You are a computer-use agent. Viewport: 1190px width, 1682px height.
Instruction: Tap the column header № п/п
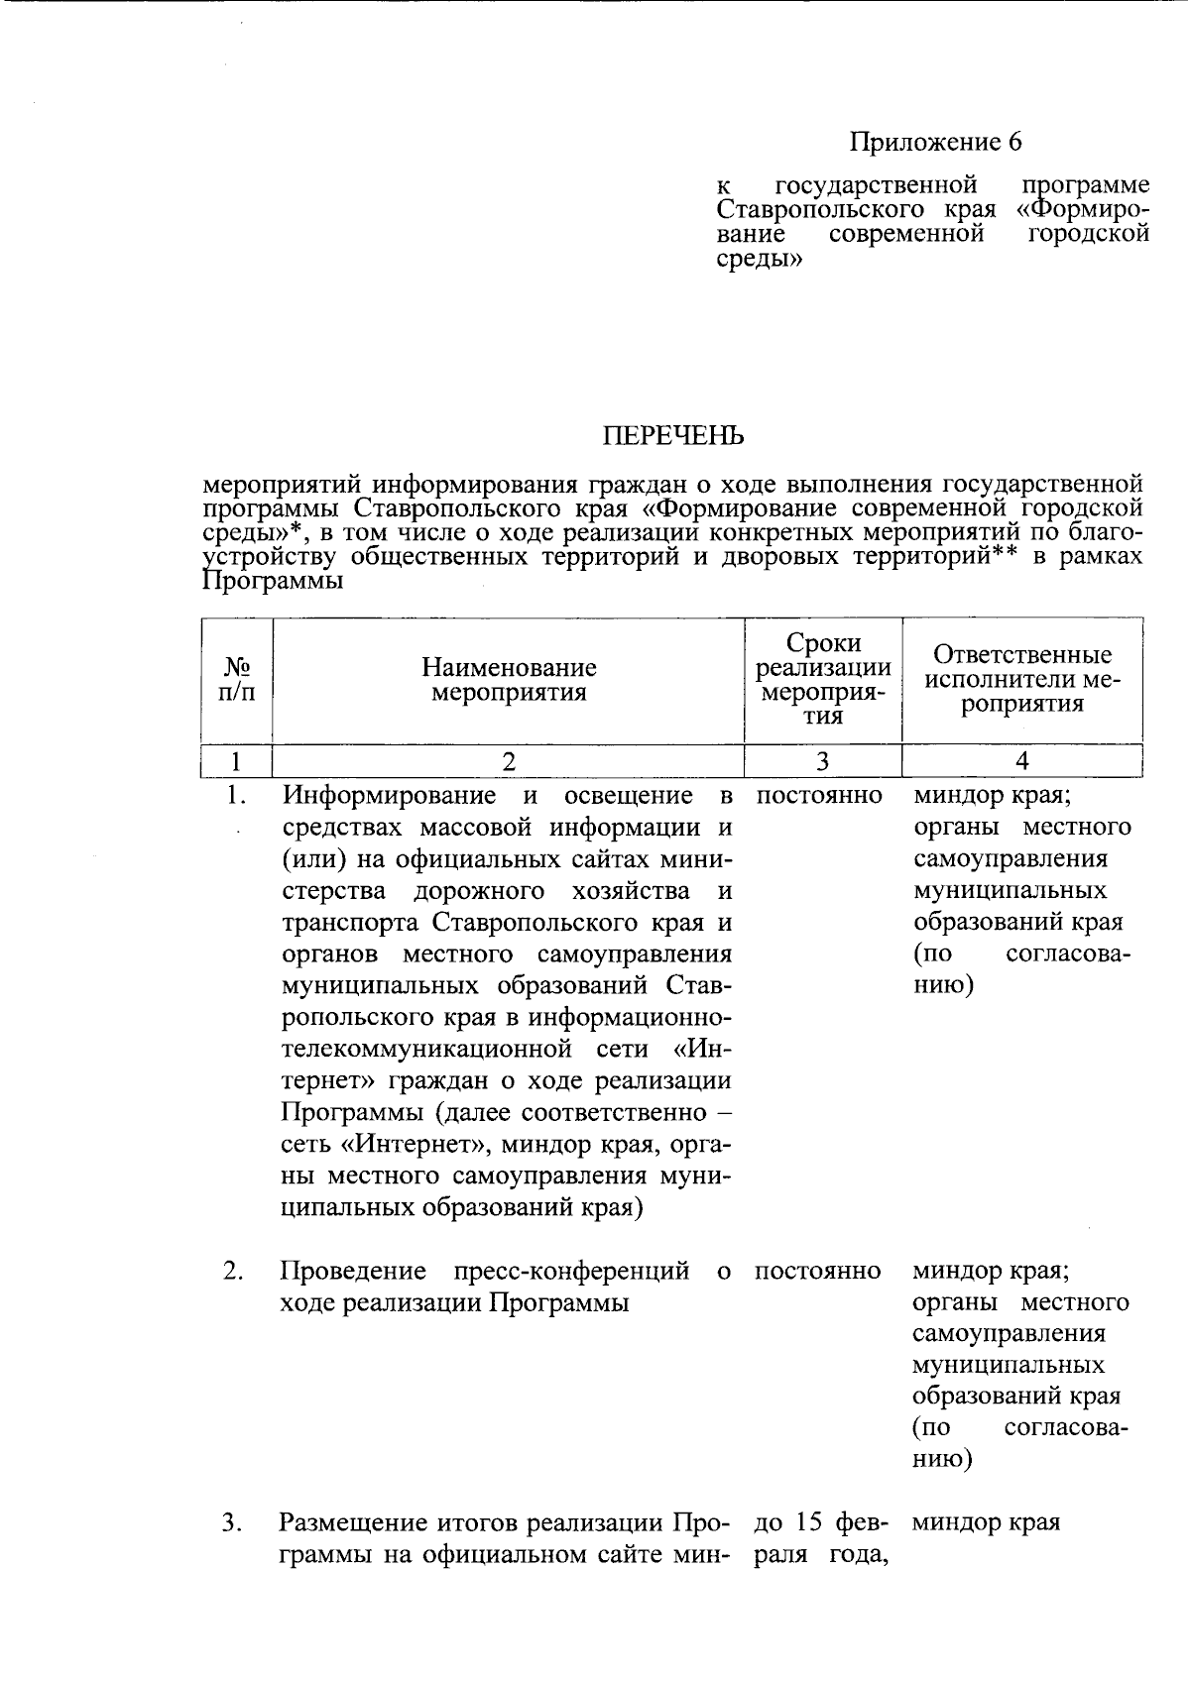(236, 680)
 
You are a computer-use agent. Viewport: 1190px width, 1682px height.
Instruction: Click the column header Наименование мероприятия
(509, 680)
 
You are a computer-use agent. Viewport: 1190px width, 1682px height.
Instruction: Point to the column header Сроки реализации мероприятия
(823, 679)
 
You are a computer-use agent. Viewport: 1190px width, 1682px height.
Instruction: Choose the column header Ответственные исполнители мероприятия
(1022, 680)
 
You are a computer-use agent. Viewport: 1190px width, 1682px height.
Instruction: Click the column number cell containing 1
(236, 761)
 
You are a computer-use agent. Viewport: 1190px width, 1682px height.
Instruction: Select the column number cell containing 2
(509, 761)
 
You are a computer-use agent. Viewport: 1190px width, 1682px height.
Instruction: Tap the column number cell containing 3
(823, 761)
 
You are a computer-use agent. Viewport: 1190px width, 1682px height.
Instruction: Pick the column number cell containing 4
(1022, 761)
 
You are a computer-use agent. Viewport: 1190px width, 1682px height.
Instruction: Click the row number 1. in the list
(234, 795)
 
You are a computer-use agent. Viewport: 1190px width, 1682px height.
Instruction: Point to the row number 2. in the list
(233, 1271)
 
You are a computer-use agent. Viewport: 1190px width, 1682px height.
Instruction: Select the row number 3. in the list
(232, 1522)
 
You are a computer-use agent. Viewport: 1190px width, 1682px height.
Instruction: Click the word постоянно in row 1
(819, 796)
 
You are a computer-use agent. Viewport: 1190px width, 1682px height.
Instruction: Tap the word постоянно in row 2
(818, 1271)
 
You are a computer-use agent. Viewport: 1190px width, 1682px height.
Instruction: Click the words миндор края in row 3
(986, 1522)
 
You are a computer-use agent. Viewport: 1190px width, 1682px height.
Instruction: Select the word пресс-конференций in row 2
(570, 1271)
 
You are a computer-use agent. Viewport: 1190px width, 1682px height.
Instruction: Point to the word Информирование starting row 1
(389, 796)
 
